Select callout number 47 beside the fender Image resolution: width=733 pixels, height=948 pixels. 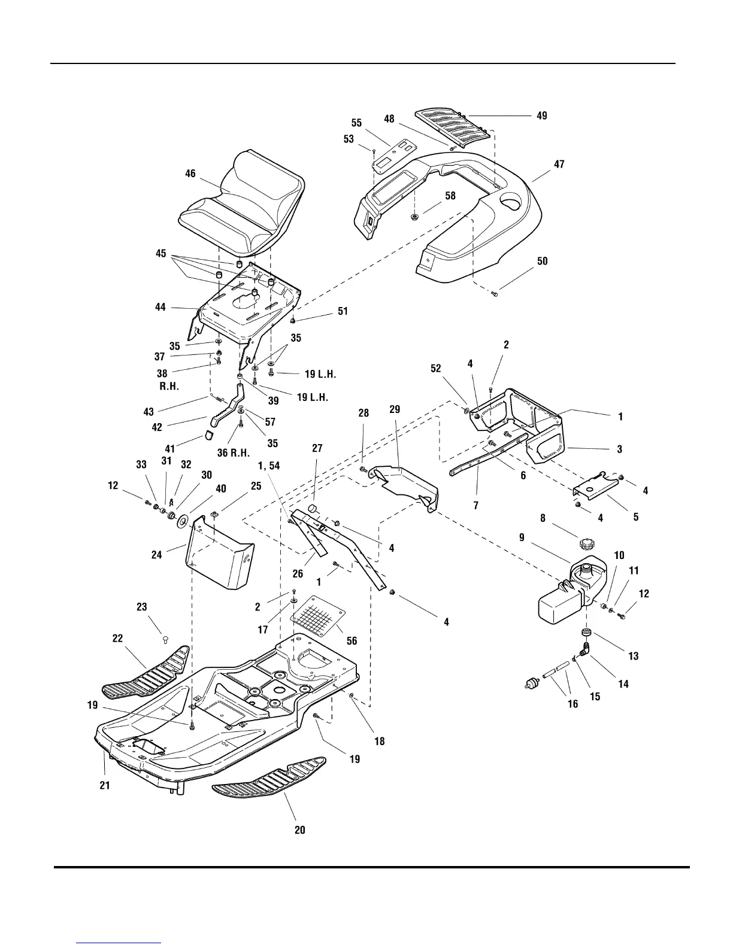click(559, 164)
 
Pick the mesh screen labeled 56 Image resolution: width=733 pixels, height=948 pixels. click(318, 616)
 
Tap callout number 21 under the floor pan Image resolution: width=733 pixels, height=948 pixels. click(105, 785)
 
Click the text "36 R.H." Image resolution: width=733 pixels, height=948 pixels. click(233, 453)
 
